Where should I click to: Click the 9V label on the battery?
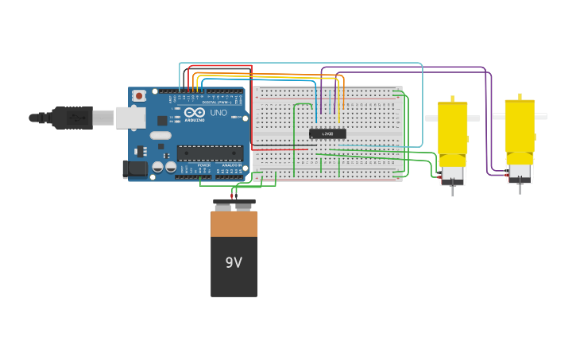234,262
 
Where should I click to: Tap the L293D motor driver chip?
327,134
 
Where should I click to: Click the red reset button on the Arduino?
139,96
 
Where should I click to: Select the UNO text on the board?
218,114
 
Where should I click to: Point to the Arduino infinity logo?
195,113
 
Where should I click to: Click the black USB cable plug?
72,118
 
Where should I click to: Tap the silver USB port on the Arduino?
130,118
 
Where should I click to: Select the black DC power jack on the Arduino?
136,168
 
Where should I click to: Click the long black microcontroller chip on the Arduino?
210,153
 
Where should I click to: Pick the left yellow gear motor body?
453,131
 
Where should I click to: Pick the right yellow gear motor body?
520,127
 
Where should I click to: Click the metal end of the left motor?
453,175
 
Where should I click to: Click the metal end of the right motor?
520,172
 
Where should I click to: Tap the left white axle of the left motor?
431,118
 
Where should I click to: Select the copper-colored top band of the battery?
234,224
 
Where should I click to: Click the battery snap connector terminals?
234,203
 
